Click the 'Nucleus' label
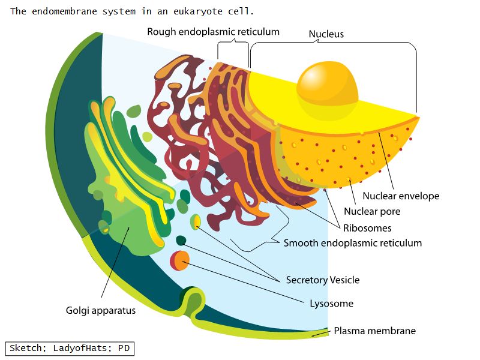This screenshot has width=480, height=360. (326, 34)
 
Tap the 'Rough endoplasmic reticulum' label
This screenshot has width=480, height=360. (213, 32)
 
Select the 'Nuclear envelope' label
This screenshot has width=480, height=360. (401, 196)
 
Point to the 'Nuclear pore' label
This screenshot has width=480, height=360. (372, 211)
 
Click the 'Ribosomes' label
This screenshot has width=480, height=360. (367, 228)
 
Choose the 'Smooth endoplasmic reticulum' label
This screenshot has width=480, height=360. (353, 243)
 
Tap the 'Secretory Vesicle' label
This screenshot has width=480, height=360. (323, 280)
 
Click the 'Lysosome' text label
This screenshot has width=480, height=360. (331, 304)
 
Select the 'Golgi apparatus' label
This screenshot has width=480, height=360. (101, 311)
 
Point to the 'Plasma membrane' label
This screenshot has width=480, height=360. (374, 331)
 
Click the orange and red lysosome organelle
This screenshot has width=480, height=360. (179, 260)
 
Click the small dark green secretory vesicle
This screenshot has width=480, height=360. (181, 241)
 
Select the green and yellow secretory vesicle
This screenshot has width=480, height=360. (195, 223)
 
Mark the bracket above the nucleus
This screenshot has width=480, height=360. (333, 46)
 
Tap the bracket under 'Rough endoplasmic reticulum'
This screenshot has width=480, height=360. (233, 44)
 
